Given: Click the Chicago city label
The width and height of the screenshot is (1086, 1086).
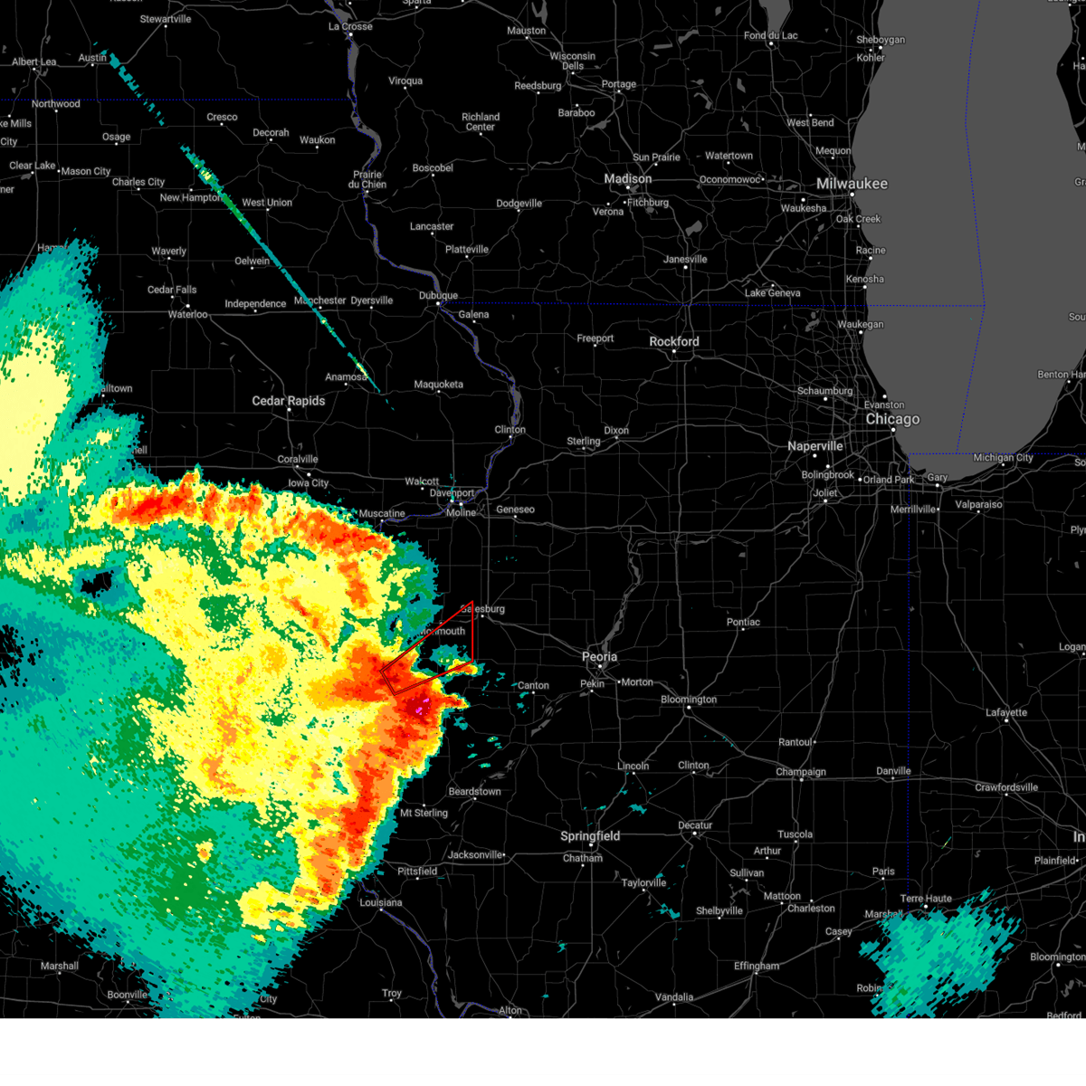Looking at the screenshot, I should point(892,419).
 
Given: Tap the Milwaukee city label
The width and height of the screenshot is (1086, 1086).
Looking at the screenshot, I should point(852,184).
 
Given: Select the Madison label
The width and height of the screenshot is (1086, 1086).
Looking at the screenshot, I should point(628,179).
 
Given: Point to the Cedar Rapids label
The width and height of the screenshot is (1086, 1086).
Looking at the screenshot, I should point(288,401).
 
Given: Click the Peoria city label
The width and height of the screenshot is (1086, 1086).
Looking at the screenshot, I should point(599,657).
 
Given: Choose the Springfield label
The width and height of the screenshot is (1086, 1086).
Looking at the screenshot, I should point(590,836).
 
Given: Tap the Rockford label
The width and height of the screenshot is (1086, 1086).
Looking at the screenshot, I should point(674,342).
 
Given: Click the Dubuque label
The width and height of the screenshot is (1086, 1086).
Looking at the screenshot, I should point(438,296).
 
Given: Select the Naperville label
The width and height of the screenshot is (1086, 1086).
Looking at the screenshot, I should point(814,446).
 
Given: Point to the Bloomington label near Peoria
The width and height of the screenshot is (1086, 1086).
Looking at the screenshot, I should point(689,700).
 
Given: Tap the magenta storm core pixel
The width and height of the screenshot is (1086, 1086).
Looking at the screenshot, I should point(418,710).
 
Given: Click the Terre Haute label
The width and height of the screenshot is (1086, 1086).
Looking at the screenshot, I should point(926,899).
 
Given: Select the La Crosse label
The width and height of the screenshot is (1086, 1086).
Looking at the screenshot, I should point(350,26).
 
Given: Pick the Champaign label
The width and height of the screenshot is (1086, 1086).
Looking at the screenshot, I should point(801,772).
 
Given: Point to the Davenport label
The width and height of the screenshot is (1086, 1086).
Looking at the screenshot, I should point(452,493).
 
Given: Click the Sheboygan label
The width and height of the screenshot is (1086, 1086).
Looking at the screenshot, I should point(881,40).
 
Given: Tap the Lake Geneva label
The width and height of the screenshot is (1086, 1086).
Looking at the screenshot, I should point(772,292).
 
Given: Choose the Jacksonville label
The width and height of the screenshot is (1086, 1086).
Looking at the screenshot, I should point(475,854).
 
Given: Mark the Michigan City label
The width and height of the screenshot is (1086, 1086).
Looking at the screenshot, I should point(1003,458).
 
